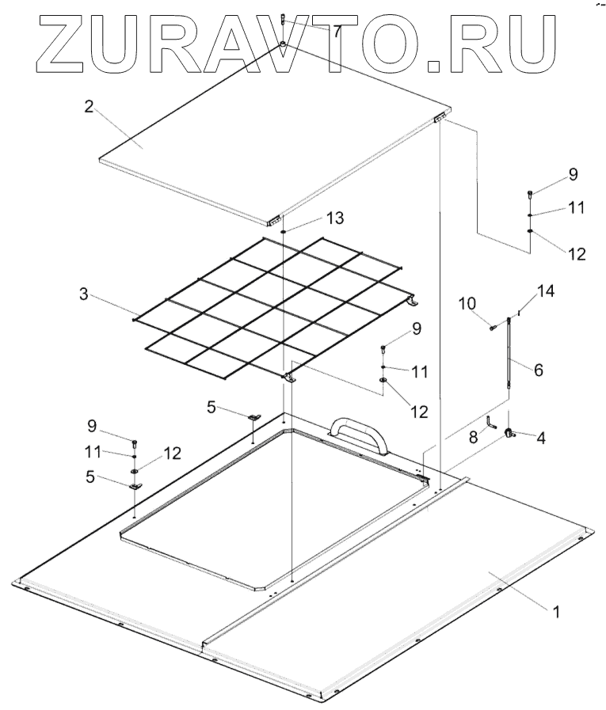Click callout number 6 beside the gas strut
coord(538,370)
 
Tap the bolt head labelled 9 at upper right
coord(529,193)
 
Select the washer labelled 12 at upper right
coord(529,232)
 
